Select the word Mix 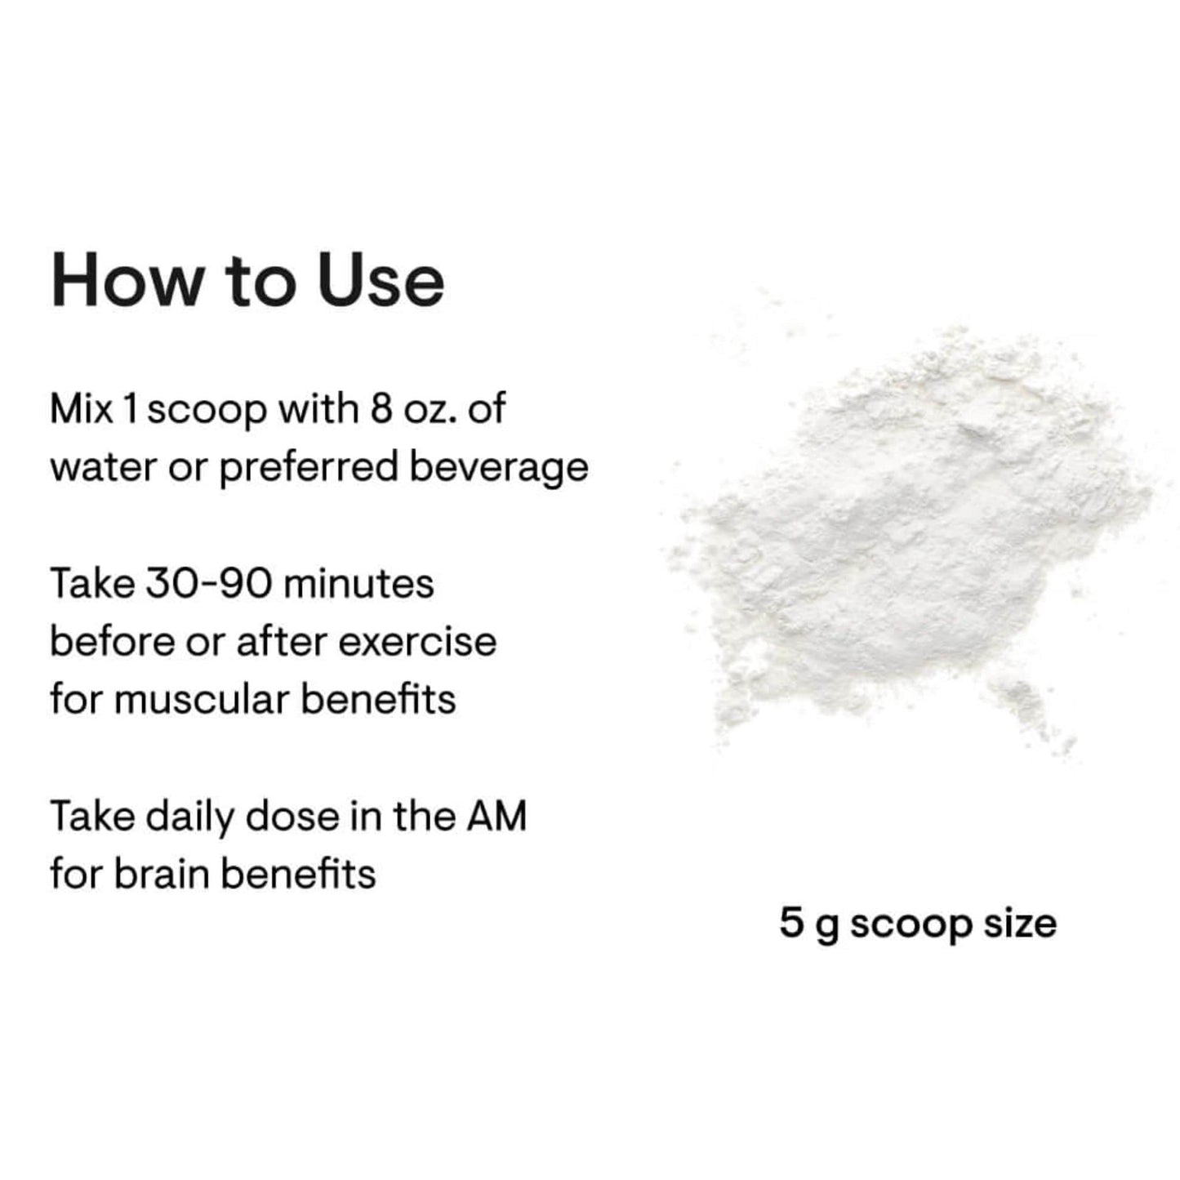82,409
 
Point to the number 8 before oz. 381,409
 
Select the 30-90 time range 209,585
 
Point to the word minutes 358,585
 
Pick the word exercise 417,643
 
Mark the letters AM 496,818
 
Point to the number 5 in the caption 791,924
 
